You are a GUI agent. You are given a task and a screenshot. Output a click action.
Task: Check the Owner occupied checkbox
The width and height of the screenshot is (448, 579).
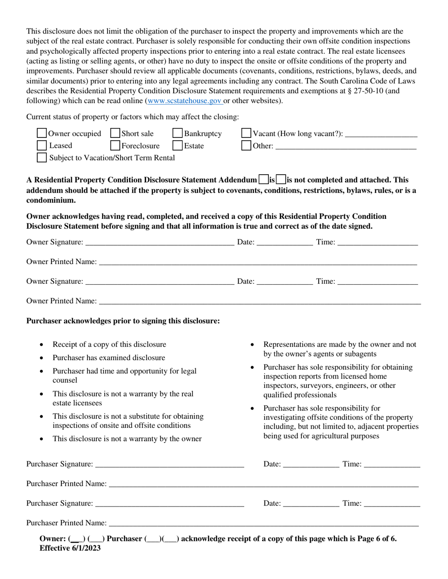tap(41, 134)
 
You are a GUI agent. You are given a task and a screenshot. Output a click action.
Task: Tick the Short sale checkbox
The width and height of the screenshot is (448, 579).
tap(115, 134)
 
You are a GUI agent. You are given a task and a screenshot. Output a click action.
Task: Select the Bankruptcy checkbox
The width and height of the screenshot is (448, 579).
tap(177, 134)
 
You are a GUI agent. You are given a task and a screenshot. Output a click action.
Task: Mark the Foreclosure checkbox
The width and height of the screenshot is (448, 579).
tap(115, 145)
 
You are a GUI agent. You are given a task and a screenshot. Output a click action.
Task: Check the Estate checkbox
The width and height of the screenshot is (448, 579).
tap(177, 145)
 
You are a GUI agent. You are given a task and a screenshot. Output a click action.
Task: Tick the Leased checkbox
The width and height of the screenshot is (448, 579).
tap(41, 145)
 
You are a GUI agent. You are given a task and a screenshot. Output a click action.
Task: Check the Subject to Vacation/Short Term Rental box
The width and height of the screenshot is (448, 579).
tap(41, 158)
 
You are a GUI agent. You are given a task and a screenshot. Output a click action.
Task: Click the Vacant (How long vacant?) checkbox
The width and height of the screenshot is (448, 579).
tap(246, 134)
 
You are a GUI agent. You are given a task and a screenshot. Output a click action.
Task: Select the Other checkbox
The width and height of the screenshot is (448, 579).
tap(246, 145)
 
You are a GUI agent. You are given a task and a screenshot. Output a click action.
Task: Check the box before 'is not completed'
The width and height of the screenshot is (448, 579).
tap(281, 179)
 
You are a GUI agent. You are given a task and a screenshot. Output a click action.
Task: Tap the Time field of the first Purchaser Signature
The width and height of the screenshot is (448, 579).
tap(392, 464)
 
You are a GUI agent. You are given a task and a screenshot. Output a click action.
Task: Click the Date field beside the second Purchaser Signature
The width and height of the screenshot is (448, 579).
tap(311, 503)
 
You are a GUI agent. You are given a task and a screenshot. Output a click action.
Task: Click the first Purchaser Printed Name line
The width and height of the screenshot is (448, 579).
tap(264, 483)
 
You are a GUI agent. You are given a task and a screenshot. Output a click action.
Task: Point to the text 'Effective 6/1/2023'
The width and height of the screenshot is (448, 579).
tap(70, 548)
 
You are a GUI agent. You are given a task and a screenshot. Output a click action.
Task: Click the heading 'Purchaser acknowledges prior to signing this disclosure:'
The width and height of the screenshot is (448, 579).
tap(123, 321)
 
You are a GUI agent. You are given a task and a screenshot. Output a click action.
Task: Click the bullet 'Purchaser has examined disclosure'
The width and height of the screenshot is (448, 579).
tap(109, 358)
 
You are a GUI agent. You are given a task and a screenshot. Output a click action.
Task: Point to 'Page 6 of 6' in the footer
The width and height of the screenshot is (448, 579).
tap(376, 539)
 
